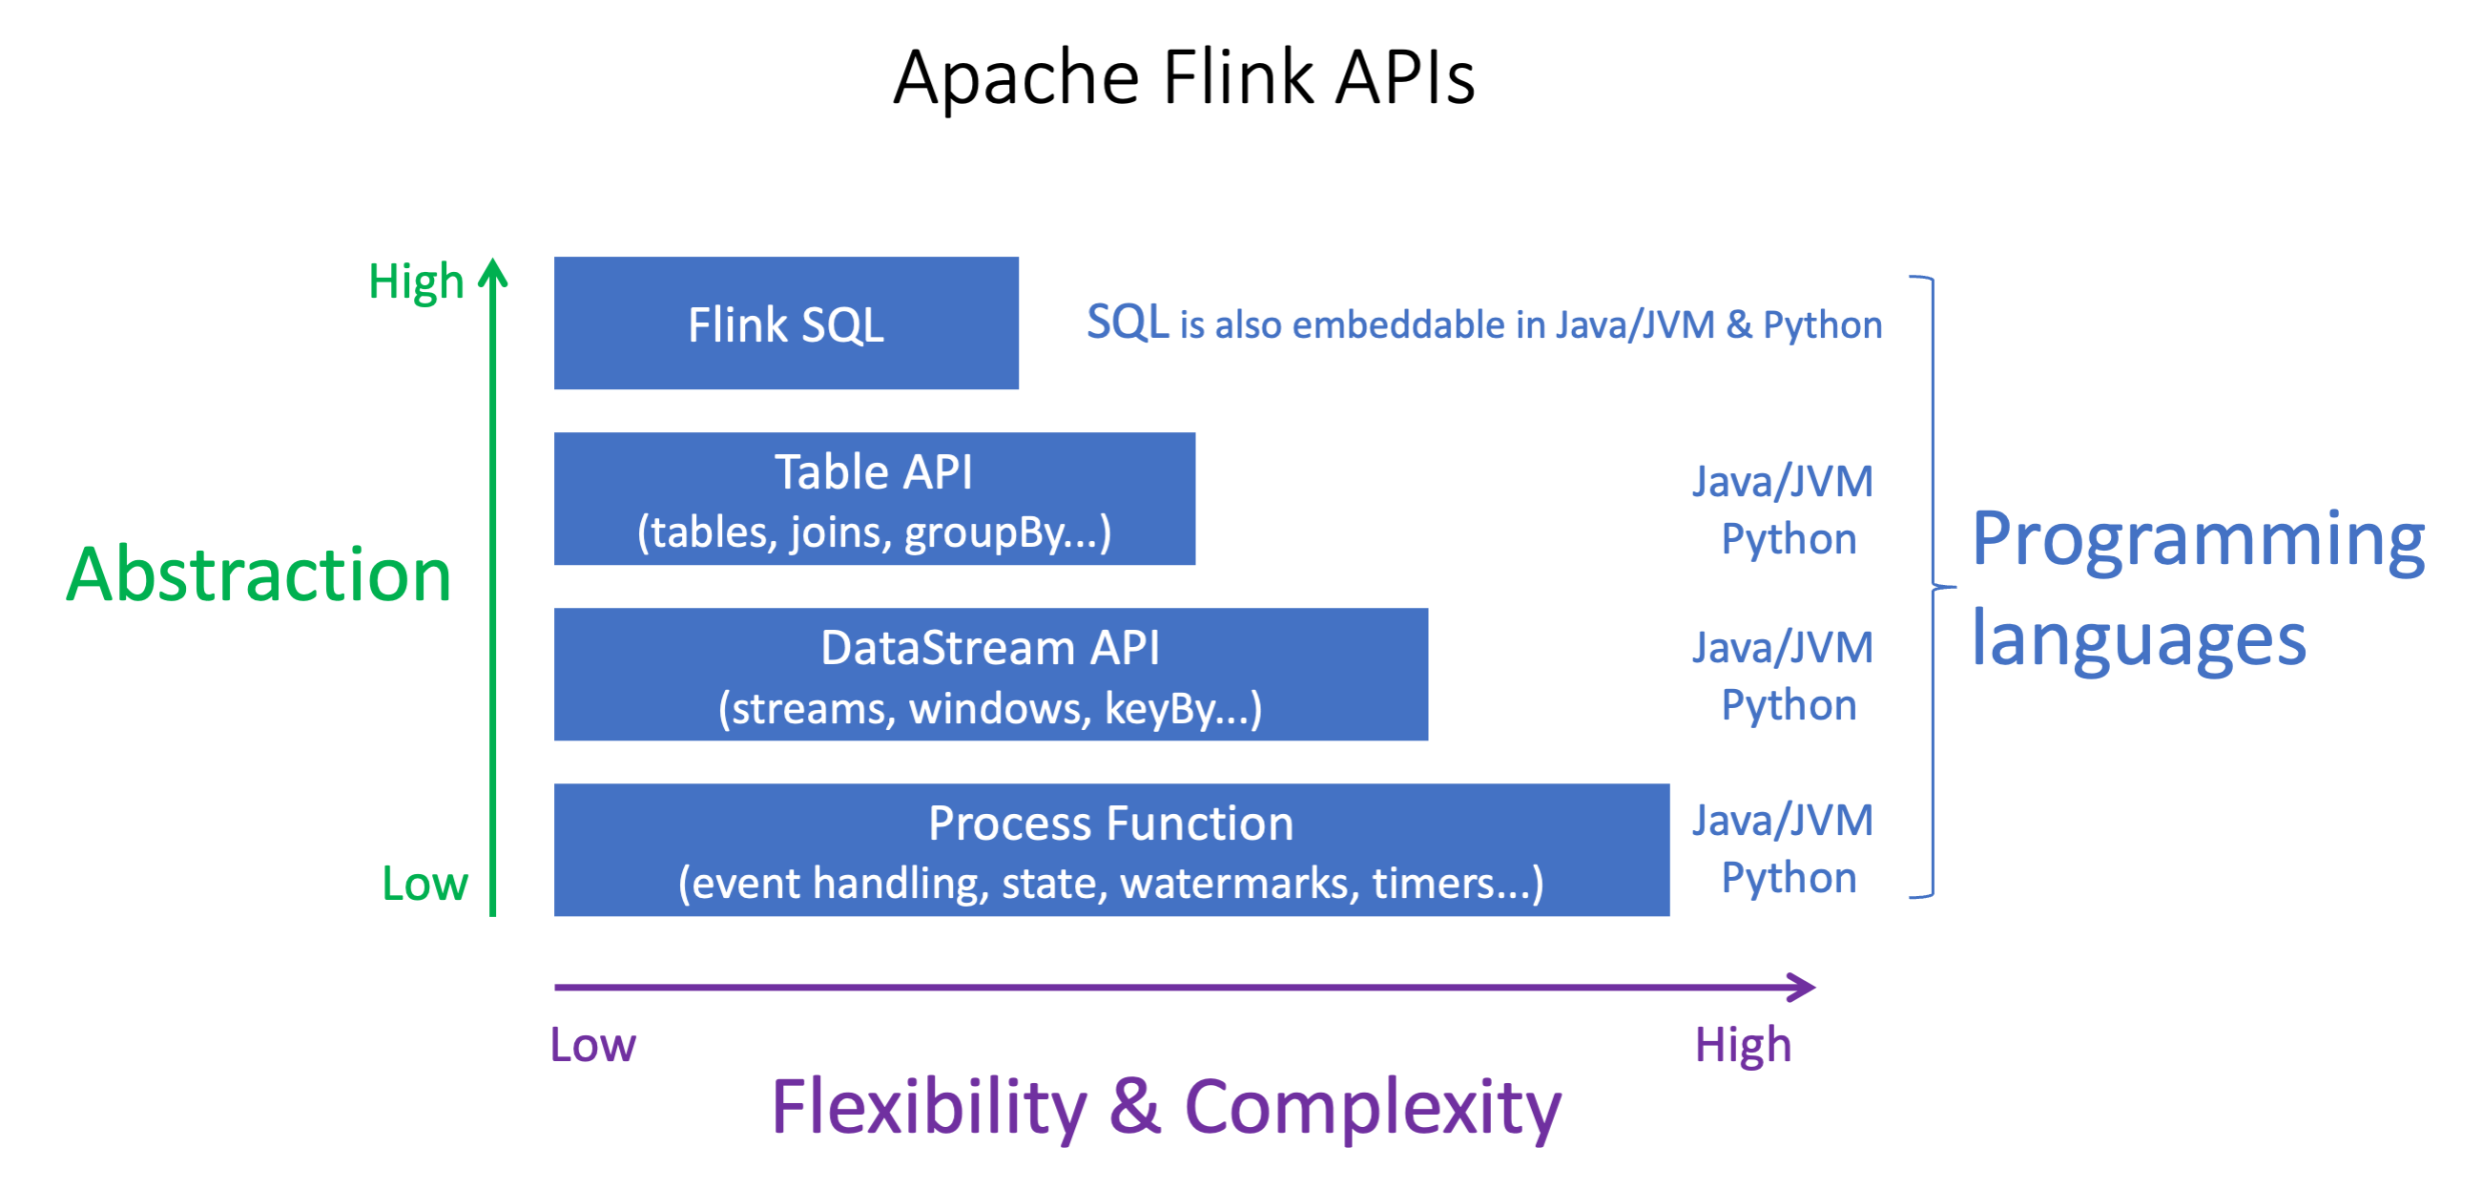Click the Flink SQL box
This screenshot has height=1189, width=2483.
(x=786, y=323)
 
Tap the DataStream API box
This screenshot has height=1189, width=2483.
(x=990, y=674)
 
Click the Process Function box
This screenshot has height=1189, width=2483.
(x=1110, y=849)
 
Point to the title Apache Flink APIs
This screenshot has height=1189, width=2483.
(x=1184, y=77)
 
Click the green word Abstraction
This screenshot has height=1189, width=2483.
(x=259, y=574)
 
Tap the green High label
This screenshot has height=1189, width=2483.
(x=416, y=282)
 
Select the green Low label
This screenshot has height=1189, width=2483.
(x=424, y=884)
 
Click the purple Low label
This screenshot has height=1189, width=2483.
(x=591, y=1044)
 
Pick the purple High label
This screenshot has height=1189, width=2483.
(x=1742, y=1044)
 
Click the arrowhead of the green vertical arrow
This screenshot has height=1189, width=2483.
(x=492, y=273)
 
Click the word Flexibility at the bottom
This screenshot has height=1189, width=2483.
(x=928, y=1107)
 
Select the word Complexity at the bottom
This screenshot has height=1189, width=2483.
(x=1372, y=1107)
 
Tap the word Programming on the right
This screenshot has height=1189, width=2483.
(x=2197, y=540)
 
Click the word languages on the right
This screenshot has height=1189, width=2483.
(x=2138, y=639)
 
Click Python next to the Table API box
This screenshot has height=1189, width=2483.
(x=1788, y=539)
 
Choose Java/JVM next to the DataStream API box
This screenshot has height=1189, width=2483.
(x=1782, y=648)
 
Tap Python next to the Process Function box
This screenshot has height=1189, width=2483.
(x=1788, y=878)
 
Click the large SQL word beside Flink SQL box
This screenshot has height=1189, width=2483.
(x=1127, y=323)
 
